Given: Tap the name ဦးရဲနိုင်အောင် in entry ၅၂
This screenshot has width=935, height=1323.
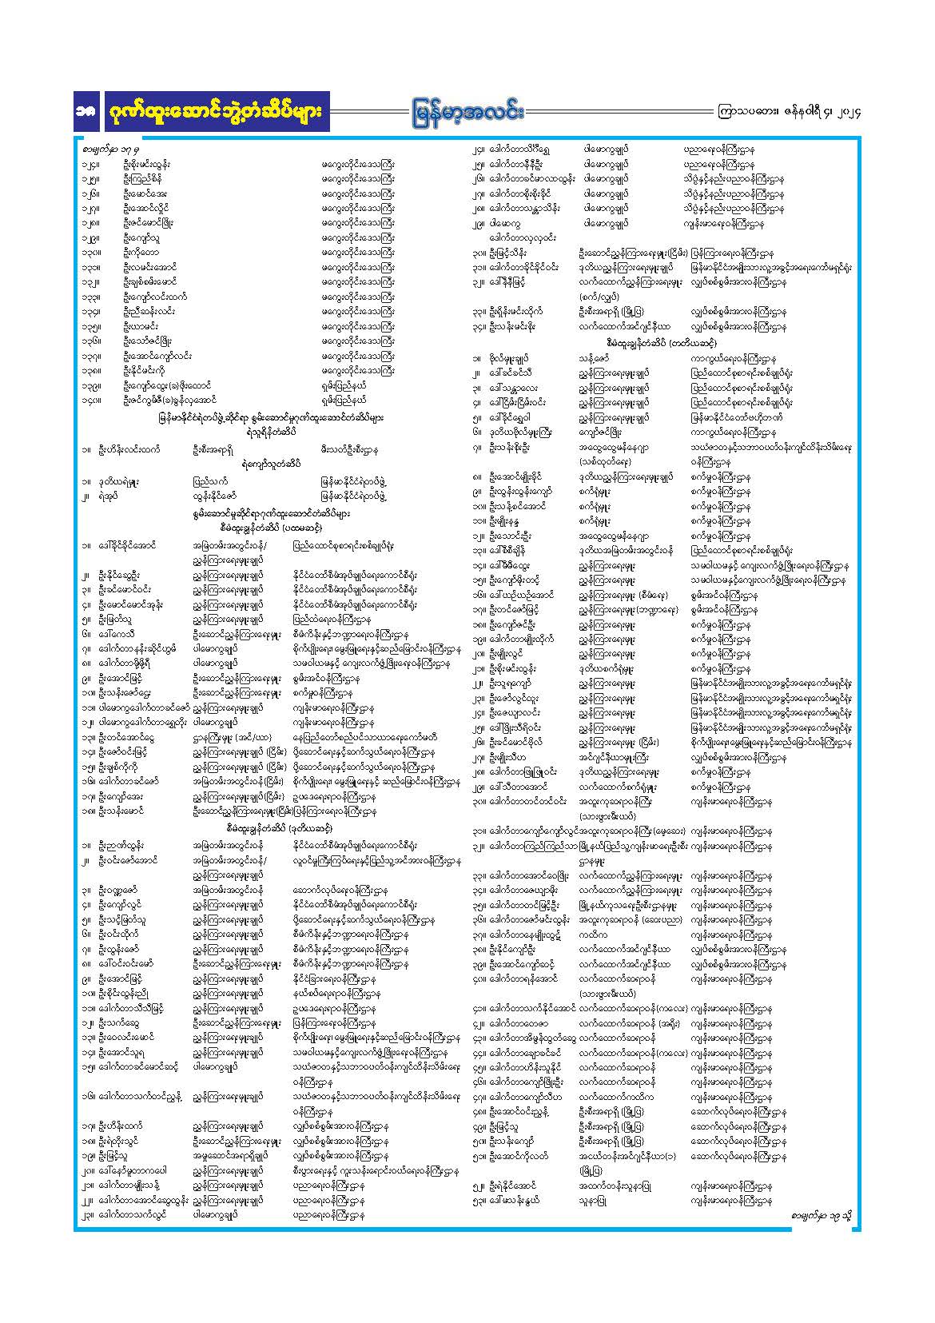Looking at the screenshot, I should click(x=512, y=1186).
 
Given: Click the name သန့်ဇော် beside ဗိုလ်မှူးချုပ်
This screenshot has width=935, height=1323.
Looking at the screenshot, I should click(x=595, y=359).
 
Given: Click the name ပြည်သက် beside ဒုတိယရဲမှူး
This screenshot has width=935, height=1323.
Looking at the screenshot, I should click(x=209, y=481).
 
